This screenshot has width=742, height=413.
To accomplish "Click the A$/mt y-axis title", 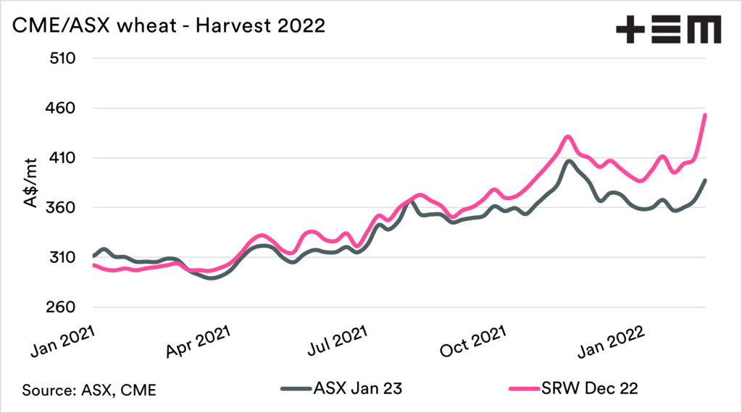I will (31, 184).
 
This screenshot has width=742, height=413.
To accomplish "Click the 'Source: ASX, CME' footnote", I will (90, 390).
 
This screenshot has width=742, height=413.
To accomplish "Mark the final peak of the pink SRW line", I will (705, 114).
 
